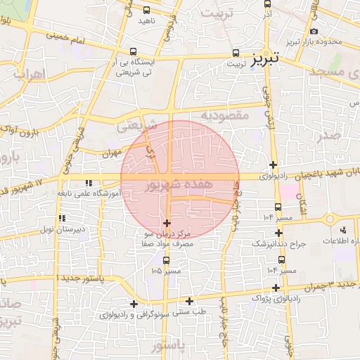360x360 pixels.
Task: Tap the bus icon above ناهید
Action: [x=146, y=11]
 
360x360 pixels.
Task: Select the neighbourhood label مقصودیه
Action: [x=225, y=115]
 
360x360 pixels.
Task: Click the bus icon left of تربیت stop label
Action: [x=236, y=53]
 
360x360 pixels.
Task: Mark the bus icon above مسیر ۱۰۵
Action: [x=166, y=260]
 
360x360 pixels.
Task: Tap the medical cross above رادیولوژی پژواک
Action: [x=276, y=288]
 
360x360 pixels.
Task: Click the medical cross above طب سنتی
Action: [x=190, y=301]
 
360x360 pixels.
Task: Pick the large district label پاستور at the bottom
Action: [x=167, y=347]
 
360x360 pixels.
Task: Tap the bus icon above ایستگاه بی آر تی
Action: [x=134, y=51]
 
